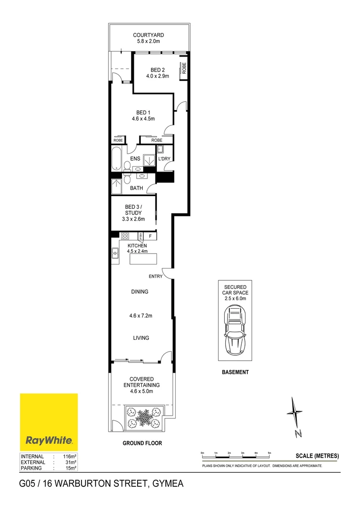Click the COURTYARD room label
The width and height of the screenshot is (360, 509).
click(x=148, y=35)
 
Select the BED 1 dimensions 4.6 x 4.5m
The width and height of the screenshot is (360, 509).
click(x=143, y=119)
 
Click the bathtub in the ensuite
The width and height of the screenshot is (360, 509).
click(x=116, y=158)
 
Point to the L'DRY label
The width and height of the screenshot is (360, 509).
click(x=164, y=159)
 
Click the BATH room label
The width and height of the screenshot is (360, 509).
click(x=137, y=188)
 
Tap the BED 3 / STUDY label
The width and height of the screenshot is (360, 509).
click(x=133, y=210)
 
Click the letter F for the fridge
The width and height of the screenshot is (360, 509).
click(x=150, y=236)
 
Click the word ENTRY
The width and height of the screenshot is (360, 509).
click(x=155, y=276)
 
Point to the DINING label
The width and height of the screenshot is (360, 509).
click(x=139, y=292)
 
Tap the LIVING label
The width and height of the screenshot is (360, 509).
click(x=141, y=338)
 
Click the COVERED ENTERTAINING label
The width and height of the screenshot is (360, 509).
click(x=142, y=382)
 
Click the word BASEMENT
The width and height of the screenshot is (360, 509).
click(x=235, y=372)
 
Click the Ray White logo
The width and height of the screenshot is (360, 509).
click(x=49, y=422)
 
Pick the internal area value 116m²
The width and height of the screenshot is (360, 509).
click(x=70, y=457)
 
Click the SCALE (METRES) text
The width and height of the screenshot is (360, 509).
click(x=317, y=456)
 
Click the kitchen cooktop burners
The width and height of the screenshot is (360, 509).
click(x=125, y=236)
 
